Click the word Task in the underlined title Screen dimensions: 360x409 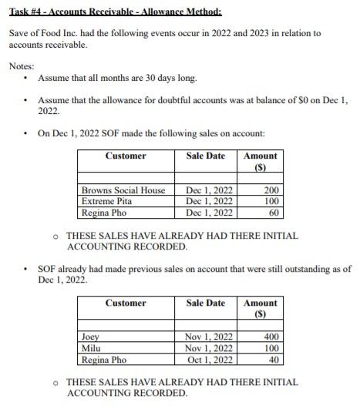pyautogui.click(x=19, y=12)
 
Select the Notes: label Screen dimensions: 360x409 pyautogui.click(x=22, y=66)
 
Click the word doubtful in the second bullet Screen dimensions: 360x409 pyautogui.click(x=173, y=100)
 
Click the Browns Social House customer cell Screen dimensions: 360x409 pyautogui.click(x=123, y=190)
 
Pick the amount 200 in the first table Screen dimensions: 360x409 pyautogui.click(x=271, y=190)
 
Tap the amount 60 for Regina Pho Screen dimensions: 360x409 pyautogui.click(x=274, y=212)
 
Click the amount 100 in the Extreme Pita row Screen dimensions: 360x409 pyautogui.click(x=271, y=201)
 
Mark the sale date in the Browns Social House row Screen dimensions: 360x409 pyautogui.click(x=210, y=190)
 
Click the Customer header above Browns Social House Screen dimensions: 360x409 pyautogui.click(x=126, y=156)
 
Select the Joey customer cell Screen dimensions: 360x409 pyautogui.click(x=91, y=337)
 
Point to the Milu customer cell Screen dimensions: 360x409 pyautogui.click(x=91, y=348)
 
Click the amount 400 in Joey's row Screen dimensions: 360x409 pyautogui.click(x=271, y=337)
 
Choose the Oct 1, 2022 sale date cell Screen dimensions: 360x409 pyautogui.click(x=210, y=359)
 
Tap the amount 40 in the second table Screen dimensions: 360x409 pyautogui.click(x=274, y=359)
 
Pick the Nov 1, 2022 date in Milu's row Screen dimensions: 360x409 pyautogui.click(x=210, y=348)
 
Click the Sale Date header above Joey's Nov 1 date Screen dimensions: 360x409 pyautogui.click(x=206, y=303)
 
